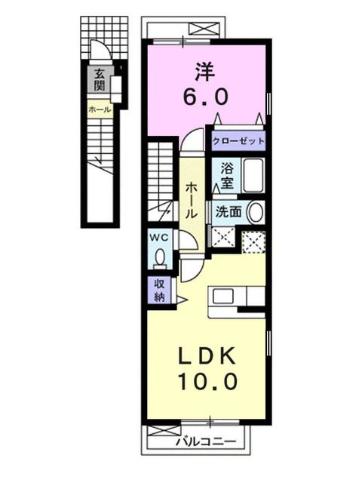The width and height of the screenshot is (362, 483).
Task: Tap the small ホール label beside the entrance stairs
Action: tap(100, 110)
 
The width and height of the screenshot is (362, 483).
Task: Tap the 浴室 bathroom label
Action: tap(225, 176)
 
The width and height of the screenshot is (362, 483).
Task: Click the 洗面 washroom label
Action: tap(228, 212)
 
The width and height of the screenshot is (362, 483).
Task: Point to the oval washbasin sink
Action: tap(256, 212)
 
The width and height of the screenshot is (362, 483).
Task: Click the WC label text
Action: tap(161, 237)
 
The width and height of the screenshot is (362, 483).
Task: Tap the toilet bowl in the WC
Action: tap(160, 259)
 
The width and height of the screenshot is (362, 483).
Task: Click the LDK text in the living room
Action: tap(206, 355)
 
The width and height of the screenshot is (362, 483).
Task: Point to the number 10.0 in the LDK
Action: tap(206, 381)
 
